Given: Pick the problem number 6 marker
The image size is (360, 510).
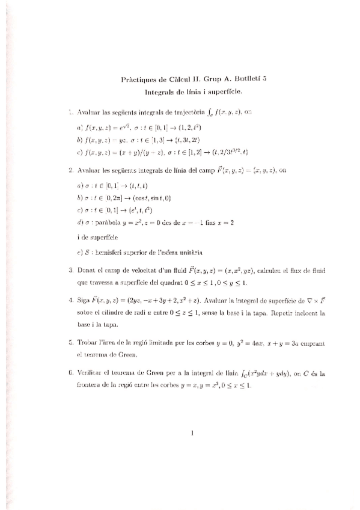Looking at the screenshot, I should point(71,373).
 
